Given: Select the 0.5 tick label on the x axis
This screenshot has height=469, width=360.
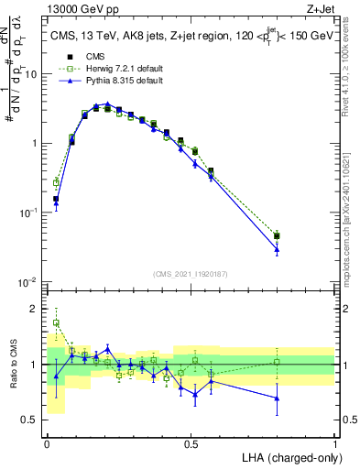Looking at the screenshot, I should pos(191,443).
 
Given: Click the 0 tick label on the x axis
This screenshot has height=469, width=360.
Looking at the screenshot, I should pos(47,443).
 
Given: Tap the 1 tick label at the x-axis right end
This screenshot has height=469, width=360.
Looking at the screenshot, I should pos(334,443).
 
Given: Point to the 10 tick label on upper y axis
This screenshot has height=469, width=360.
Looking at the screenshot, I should pos(32,74).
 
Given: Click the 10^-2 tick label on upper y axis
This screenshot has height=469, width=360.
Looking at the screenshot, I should pos(30,281).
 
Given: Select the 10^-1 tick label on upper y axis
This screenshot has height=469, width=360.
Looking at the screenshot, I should pos(30,213).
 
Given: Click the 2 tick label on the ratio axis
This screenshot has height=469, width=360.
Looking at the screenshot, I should pos(36,309).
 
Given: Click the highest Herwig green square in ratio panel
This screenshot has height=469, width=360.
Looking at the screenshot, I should pos(56,322).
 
